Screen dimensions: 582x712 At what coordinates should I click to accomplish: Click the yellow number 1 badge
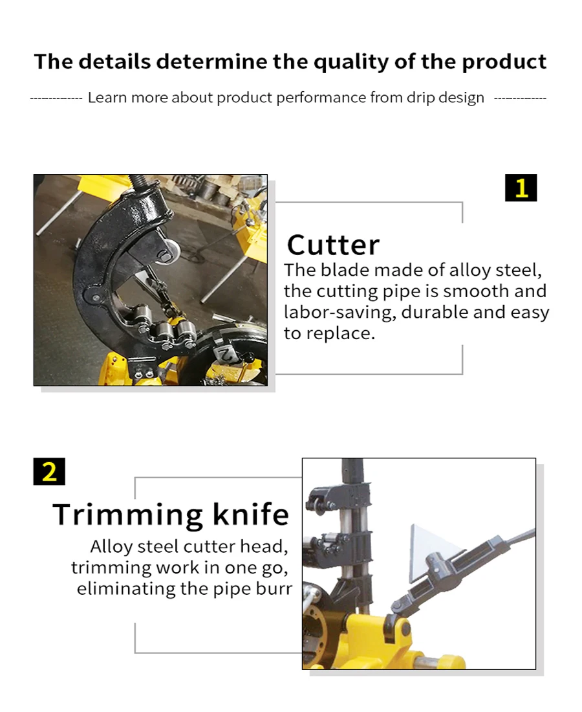coord(521,188)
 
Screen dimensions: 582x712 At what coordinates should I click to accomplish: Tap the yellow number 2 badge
coord(49,471)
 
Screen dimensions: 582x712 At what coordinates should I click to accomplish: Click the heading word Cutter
coord(333,245)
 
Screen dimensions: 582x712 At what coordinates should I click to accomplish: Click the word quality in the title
coord(351,62)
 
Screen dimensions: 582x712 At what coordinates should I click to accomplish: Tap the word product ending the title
coord(504,62)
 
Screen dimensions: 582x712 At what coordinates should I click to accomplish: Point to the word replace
coord(341,334)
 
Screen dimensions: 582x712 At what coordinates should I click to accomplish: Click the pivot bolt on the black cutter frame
coord(96,298)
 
